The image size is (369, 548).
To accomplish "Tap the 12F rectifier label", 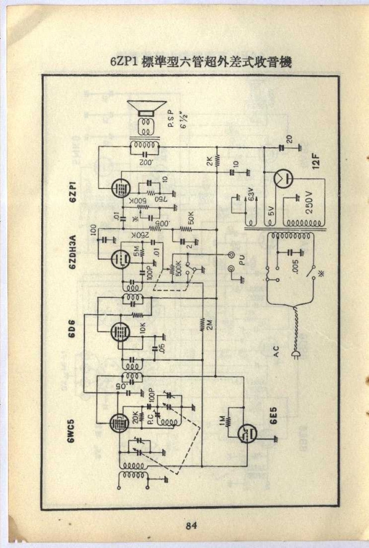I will (315, 159).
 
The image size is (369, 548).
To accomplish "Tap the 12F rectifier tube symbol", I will (282, 179).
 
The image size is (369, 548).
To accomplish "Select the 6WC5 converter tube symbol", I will (117, 424).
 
